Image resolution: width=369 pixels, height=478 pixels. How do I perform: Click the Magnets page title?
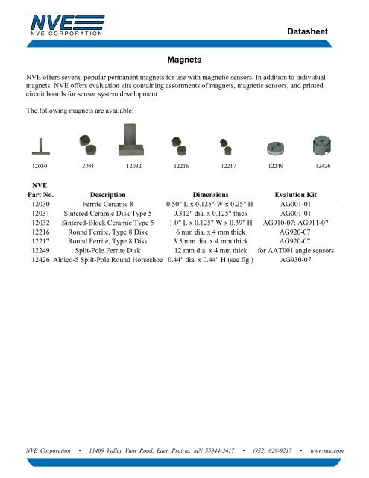click(184, 57)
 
